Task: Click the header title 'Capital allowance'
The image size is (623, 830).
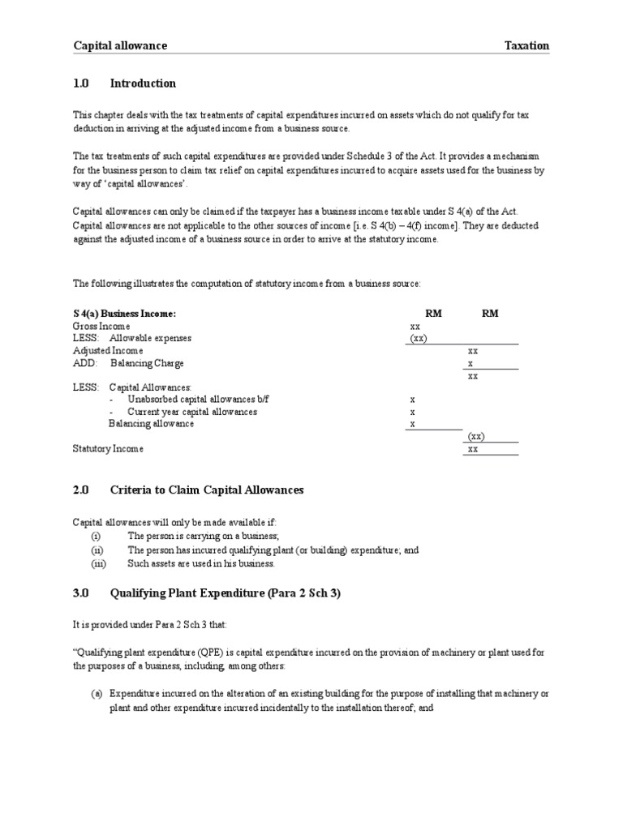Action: (x=120, y=46)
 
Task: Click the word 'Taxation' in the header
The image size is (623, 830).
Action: (x=526, y=46)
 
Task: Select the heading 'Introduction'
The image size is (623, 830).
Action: (x=143, y=83)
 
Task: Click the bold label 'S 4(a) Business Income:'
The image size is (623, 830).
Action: (x=124, y=314)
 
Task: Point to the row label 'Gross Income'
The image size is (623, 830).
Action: (x=101, y=326)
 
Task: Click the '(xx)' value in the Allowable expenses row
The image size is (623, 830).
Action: (x=418, y=338)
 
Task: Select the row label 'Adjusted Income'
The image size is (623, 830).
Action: (x=108, y=351)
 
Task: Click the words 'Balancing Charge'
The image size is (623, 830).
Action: (x=147, y=363)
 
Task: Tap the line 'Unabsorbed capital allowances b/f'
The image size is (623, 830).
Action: (x=192, y=400)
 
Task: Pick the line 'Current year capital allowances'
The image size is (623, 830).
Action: (x=192, y=412)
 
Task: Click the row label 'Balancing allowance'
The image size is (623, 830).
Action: (x=151, y=424)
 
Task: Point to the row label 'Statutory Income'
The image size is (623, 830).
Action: (x=108, y=448)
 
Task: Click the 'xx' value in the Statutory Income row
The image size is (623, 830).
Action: (x=474, y=448)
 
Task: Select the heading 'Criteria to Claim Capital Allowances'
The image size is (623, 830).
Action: (x=207, y=490)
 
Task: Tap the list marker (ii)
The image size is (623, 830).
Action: (x=97, y=550)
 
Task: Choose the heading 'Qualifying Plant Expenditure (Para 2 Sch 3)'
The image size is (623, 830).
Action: (x=226, y=593)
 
